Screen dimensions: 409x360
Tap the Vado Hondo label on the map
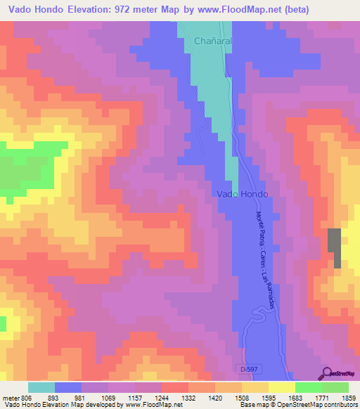click(x=243, y=193)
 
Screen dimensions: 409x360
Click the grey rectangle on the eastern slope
click(x=334, y=248)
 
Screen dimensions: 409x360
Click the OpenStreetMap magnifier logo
click(x=328, y=372)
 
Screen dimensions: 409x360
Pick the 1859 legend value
click(x=348, y=397)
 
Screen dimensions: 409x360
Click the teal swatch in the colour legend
click(x=41, y=387)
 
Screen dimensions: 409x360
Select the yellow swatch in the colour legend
click(x=281, y=387)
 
